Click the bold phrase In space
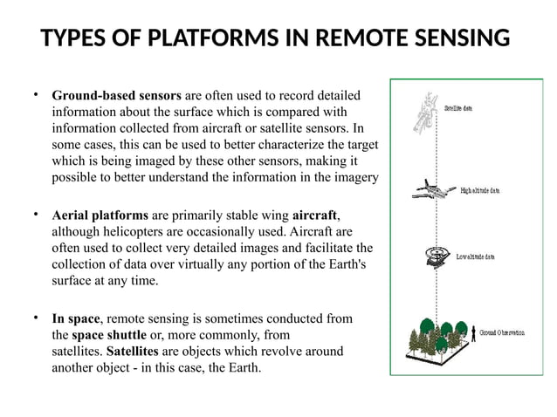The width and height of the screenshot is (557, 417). coord(77,318)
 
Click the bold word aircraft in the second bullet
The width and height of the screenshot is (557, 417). coord(314,215)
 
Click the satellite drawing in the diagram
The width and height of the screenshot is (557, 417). coord(428,114)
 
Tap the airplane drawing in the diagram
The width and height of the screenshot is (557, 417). coord(430,189)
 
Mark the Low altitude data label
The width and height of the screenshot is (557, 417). coord(477,257)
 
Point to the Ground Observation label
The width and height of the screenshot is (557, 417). coord(500,333)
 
